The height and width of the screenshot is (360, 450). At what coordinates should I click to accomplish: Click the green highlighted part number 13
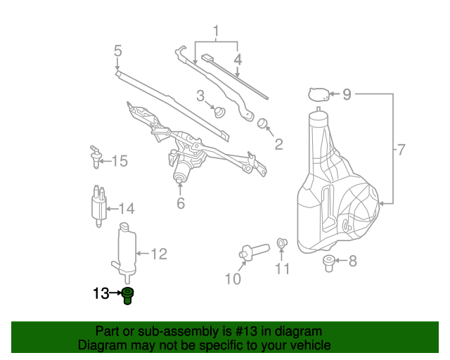pos(127,296)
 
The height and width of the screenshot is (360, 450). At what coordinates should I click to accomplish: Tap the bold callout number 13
pos(101,293)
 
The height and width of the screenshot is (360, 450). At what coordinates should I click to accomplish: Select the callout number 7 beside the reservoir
pos(401,150)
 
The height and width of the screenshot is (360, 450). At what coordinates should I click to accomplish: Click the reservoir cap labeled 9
pos(319,94)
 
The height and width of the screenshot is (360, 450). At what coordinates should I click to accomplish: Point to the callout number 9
pos(347,94)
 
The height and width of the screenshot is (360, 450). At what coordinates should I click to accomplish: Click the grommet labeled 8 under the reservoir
pos(328,263)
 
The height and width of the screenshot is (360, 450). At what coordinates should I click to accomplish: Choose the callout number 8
pos(353,261)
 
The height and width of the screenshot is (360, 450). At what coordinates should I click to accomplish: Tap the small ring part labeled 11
pos(281,243)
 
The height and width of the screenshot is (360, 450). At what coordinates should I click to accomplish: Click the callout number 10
pos(233,278)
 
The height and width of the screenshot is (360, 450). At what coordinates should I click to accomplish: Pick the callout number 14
pos(127,209)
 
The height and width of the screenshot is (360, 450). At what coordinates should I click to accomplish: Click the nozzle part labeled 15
pos(96,157)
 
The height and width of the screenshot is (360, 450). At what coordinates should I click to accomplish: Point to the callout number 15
pos(120,161)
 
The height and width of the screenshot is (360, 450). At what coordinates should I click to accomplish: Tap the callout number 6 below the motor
pos(181,203)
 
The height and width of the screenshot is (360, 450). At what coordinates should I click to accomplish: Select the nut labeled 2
pos(262,124)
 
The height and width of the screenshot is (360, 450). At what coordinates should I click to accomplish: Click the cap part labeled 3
pos(220,112)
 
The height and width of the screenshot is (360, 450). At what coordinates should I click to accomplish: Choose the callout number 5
pos(117,51)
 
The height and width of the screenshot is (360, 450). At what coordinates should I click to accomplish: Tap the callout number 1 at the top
pos(216,32)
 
